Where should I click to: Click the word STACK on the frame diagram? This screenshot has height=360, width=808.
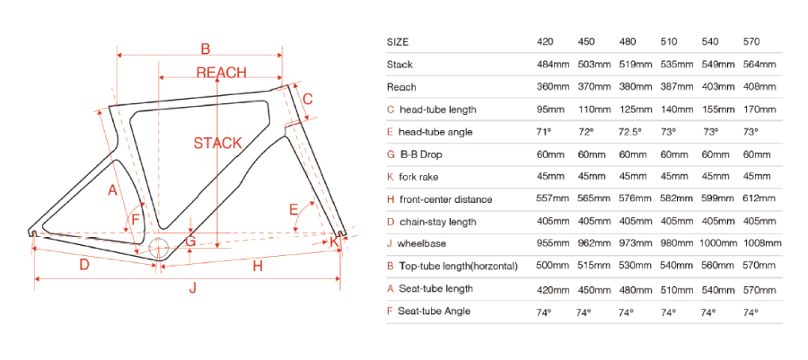coord(217,143)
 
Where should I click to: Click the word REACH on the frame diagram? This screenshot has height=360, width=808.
coord(222,73)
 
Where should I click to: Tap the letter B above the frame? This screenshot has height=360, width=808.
coord(205,48)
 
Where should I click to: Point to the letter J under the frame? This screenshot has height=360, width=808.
coord(192,288)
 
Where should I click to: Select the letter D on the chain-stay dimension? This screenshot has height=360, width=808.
coord(84,265)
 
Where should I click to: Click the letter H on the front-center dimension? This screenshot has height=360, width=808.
coord(258,266)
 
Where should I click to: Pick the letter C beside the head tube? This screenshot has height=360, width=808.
coord(307,99)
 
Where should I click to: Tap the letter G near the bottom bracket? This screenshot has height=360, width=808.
coord(190,241)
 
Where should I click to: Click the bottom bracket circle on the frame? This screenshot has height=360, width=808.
coord(159,249)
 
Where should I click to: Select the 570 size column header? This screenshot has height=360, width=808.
coord(751,42)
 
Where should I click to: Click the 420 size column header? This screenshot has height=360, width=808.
coord(545,42)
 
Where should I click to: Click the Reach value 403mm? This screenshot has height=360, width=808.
coord(718,87)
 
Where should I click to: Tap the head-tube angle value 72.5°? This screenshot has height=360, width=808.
coord(629,132)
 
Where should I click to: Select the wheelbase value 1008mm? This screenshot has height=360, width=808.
coord(762,243)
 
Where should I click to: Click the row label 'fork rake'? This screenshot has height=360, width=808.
coord(418,177)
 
